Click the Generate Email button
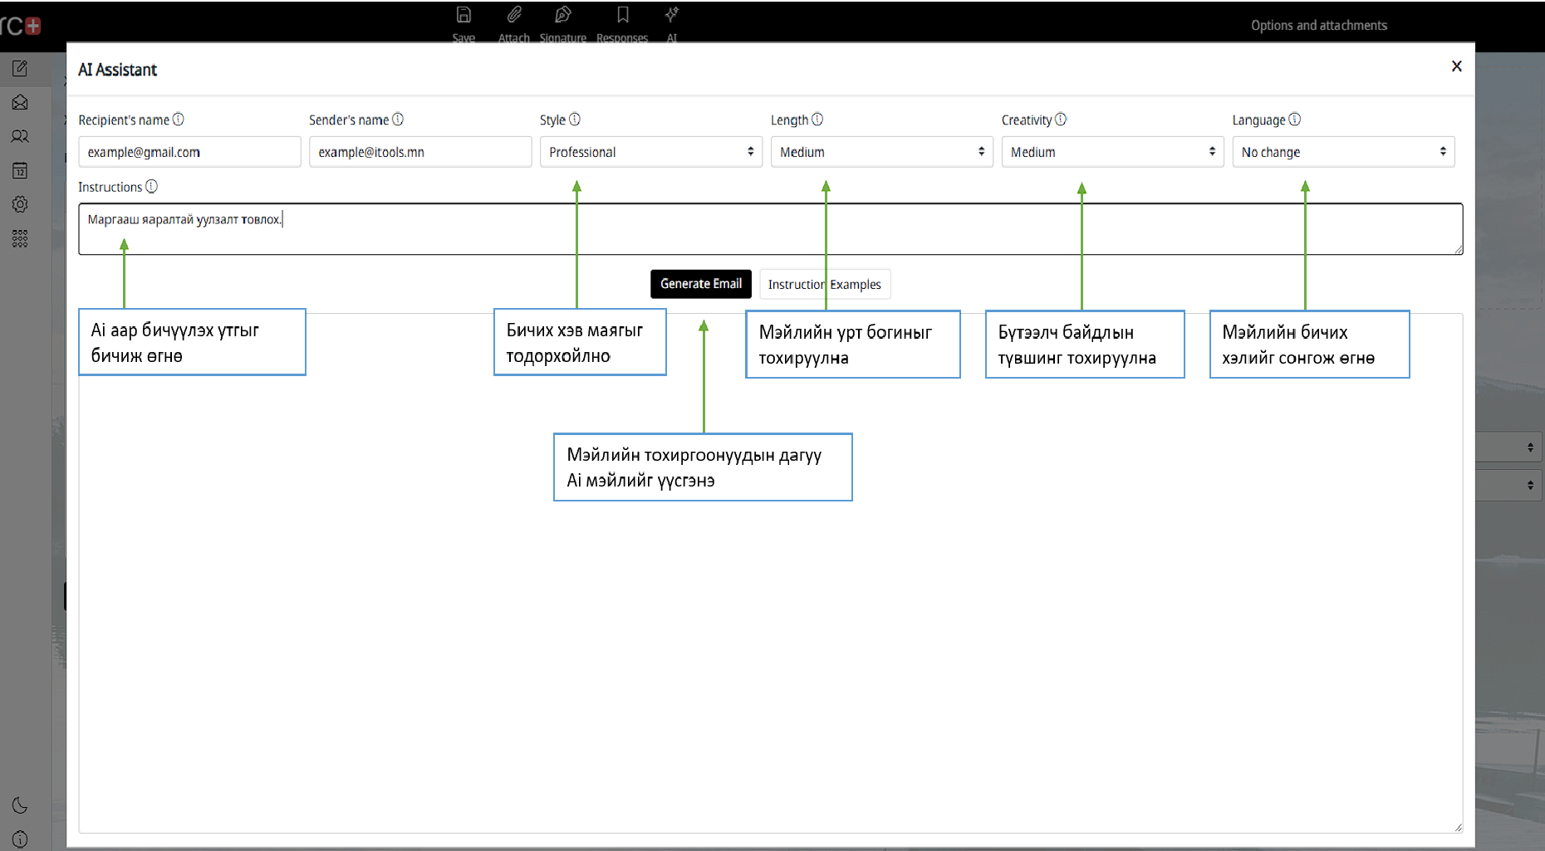coord(700,284)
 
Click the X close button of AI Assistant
coord(1456,66)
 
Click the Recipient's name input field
coord(189,152)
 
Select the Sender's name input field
coord(420,152)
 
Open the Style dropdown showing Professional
coord(651,152)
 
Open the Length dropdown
coord(882,152)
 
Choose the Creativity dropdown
coord(1113,152)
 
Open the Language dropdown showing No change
coord(1343,152)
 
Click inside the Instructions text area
coord(771,229)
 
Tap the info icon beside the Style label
coord(575,120)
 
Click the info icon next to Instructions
coord(151,187)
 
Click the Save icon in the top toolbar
coord(463,15)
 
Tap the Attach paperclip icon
coord(514,15)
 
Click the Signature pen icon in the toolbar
coord(563,15)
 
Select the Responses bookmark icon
coord(622,15)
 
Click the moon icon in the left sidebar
coord(20,805)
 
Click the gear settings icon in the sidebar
coord(20,204)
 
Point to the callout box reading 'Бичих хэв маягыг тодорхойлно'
coord(580,342)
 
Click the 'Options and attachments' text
coord(1319,26)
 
